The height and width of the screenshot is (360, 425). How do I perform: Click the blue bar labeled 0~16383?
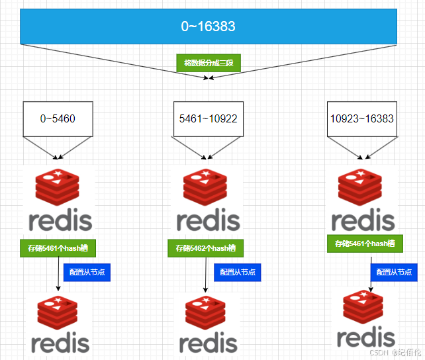click(209, 26)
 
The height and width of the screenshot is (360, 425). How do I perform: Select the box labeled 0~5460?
click(58, 119)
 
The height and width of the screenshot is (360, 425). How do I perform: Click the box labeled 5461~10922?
click(208, 119)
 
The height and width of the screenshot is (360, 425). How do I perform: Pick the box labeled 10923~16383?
click(361, 119)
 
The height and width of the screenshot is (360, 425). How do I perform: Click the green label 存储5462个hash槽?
click(205, 248)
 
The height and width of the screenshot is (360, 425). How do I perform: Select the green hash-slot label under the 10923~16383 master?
click(364, 244)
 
